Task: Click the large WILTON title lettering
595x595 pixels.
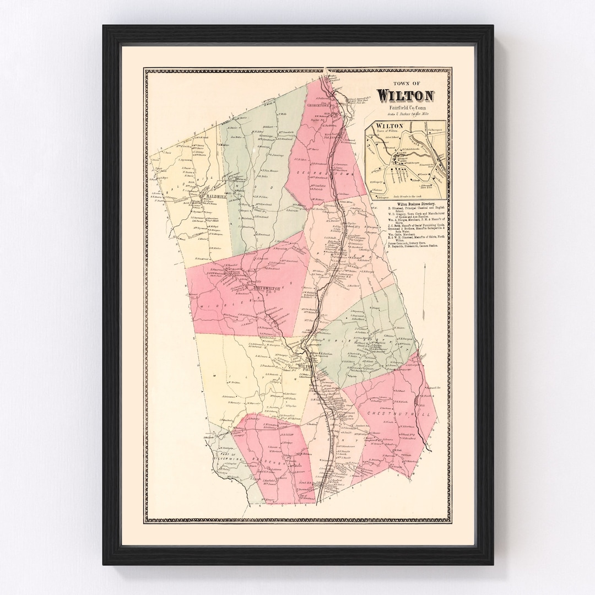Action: [x=405, y=95]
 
